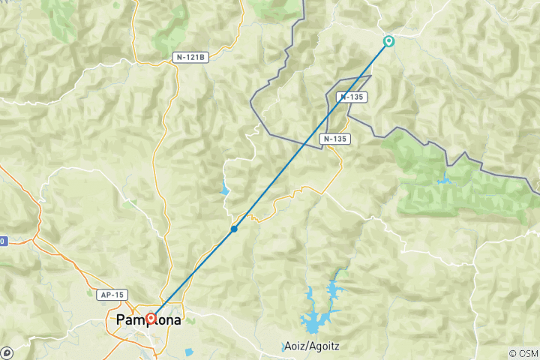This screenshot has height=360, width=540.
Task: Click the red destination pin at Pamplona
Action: click(x=151, y=319)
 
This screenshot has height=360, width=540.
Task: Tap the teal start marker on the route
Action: click(x=388, y=41)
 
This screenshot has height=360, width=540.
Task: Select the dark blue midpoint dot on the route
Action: click(x=235, y=228)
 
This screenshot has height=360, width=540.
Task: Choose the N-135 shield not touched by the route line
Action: click(x=334, y=139)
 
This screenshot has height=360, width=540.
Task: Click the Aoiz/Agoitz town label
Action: click(x=311, y=346)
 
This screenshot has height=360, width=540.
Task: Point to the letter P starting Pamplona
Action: click(x=121, y=321)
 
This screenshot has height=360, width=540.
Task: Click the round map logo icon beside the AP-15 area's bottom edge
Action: click(x=7, y=352)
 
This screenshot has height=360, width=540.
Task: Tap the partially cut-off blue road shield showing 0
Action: click(x=2, y=241)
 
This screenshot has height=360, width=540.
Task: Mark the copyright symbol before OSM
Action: click(x=512, y=353)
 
